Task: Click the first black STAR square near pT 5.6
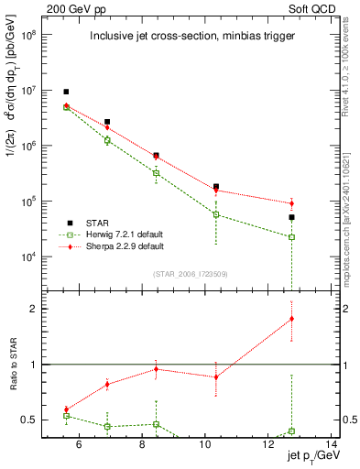pyautogui.click(x=66, y=92)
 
